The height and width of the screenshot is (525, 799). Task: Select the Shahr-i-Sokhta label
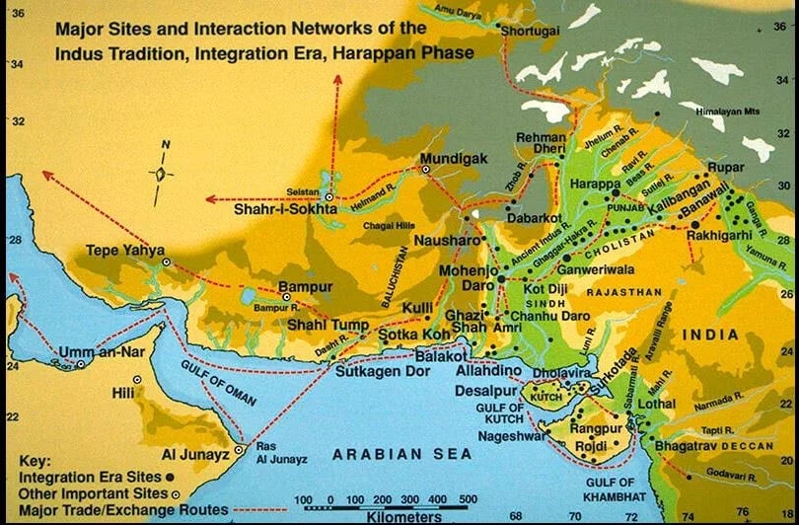(285, 209)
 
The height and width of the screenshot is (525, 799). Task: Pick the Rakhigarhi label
(717, 237)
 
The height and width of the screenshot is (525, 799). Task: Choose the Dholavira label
(564, 374)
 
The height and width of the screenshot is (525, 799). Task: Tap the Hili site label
(123, 392)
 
